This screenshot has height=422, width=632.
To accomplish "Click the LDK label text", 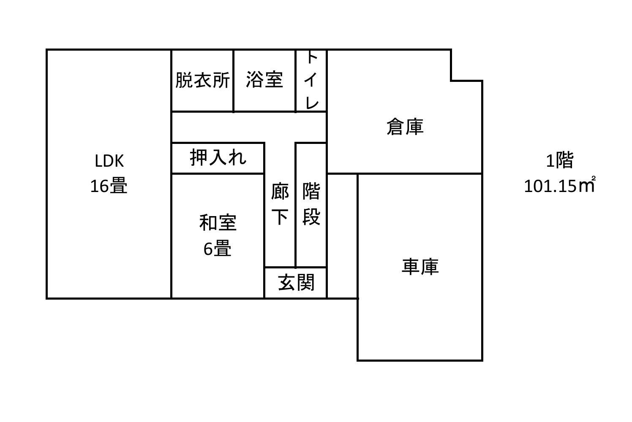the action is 109,161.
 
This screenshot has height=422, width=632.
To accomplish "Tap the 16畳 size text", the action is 109,186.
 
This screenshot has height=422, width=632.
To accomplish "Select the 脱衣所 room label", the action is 202,80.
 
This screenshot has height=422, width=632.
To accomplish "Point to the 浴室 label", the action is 264,79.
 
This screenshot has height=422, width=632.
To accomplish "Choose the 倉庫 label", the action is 405,127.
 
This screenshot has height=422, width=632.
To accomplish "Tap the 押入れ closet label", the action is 218,157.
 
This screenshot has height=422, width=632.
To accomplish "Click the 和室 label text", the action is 218,223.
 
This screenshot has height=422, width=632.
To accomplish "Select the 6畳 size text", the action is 217,248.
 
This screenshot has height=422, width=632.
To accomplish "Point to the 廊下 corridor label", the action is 280,204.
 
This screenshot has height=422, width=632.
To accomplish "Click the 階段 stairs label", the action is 311,204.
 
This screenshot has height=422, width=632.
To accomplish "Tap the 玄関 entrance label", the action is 296,282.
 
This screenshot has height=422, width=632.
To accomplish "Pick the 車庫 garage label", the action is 420,266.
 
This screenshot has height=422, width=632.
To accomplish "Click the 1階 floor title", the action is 560,160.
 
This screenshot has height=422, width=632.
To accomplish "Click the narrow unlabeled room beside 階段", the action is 342,236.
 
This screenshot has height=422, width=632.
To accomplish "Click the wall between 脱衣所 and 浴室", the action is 233,81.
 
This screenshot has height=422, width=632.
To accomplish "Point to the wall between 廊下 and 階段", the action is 295,205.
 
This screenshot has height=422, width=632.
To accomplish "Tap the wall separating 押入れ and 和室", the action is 218,173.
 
